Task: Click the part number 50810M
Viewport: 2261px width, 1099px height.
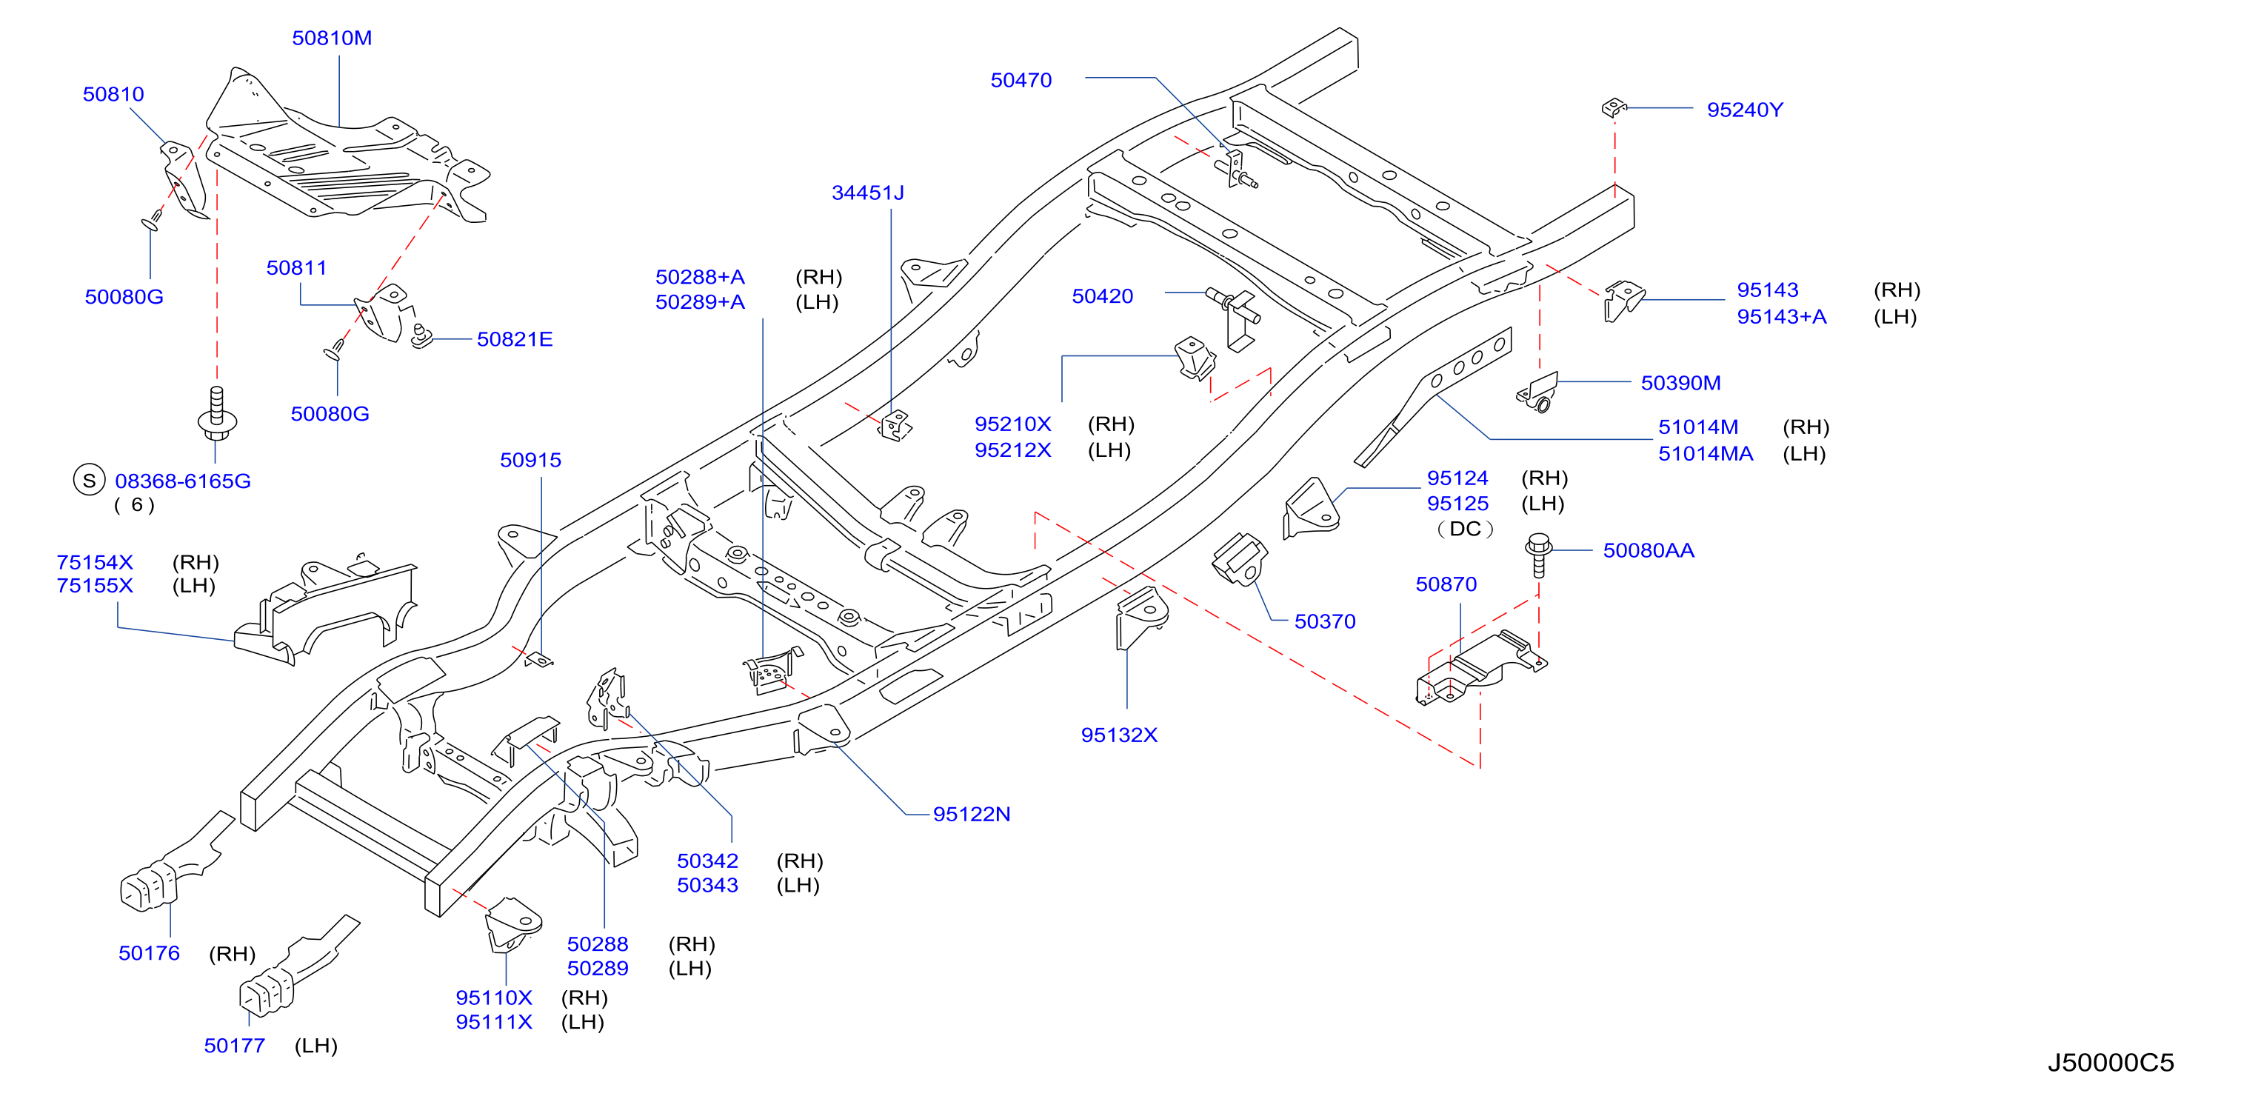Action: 332,38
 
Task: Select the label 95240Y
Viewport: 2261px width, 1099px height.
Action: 1745,110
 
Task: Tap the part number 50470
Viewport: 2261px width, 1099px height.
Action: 1021,80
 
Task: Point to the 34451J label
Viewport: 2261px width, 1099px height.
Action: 867,193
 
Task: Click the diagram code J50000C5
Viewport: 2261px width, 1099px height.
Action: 2111,1063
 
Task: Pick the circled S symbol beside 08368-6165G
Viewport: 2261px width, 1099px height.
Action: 89,480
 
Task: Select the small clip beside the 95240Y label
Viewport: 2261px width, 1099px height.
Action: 1613,108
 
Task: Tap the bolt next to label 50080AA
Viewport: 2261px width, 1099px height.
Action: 1537,555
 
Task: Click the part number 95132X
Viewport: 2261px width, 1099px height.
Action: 1119,735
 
